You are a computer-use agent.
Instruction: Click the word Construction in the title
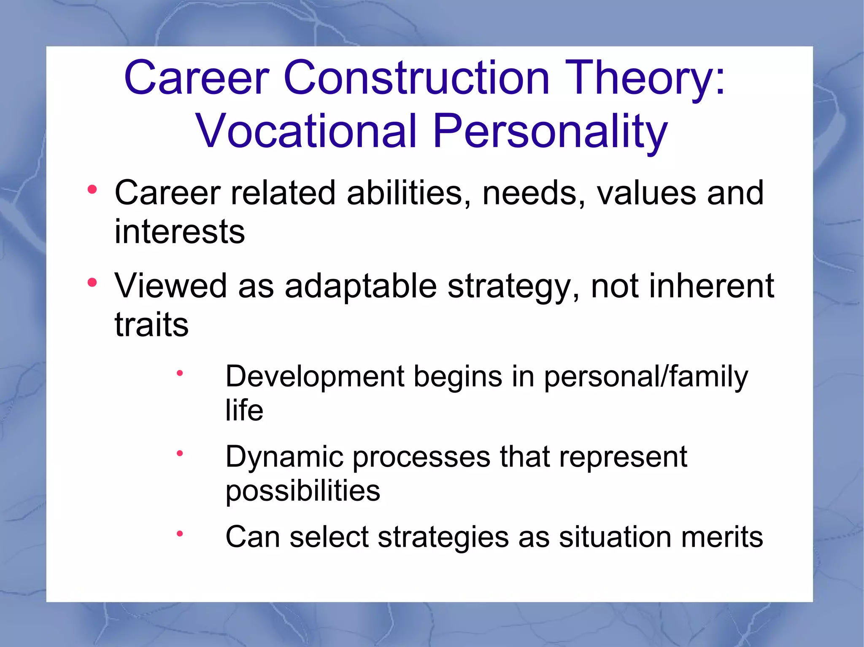point(417,78)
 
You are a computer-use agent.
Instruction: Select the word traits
point(151,325)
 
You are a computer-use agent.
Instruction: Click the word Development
point(315,376)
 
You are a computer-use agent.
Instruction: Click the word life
point(244,410)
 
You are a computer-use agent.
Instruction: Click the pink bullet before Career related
point(92,190)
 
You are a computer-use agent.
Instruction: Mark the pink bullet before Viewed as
point(92,282)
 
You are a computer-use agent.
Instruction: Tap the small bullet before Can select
point(180,534)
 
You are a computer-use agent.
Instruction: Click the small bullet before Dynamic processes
point(180,453)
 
